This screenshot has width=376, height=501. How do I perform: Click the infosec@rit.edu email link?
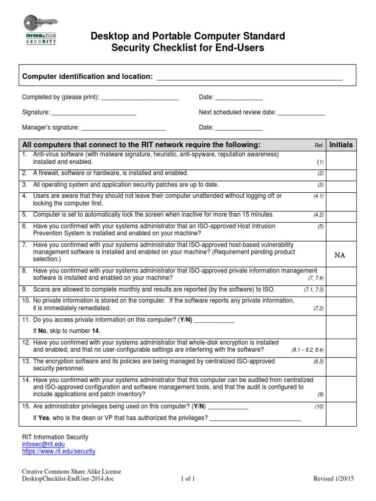pyautogui.click(x=43, y=444)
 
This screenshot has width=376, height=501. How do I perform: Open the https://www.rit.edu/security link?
pyautogui.click(x=59, y=451)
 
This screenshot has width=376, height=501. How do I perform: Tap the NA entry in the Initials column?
pyautogui.click(x=340, y=255)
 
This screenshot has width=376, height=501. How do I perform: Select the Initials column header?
pyautogui.click(x=341, y=145)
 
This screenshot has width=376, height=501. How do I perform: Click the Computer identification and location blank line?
pyautogui.click(x=249, y=78)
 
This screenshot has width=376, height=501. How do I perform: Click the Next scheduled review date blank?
pyautogui.click(x=301, y=113)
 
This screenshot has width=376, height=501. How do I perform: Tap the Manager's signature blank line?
pyautogui.click(x=123, y=128)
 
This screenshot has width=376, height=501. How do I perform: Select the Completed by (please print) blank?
pyautogui.click(x=140, y=98)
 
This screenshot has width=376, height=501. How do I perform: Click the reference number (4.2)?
pyautogui.click(x=319, y=215)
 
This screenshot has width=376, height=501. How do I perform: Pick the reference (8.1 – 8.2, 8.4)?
pyautogui.click(x=307, y=350)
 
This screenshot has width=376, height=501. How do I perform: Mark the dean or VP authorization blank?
pyautogui.click(x=255, y=418)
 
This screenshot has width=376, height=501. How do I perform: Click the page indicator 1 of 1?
pyautogui.click(x=188, y=479)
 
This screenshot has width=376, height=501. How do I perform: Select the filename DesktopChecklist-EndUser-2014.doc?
pyautogui.click(x=68, y=479)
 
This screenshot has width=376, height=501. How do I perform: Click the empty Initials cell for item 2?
pyautogui.click(x=341, y=173)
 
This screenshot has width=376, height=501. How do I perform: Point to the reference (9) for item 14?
pyautogui.click(x=320, y=394)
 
